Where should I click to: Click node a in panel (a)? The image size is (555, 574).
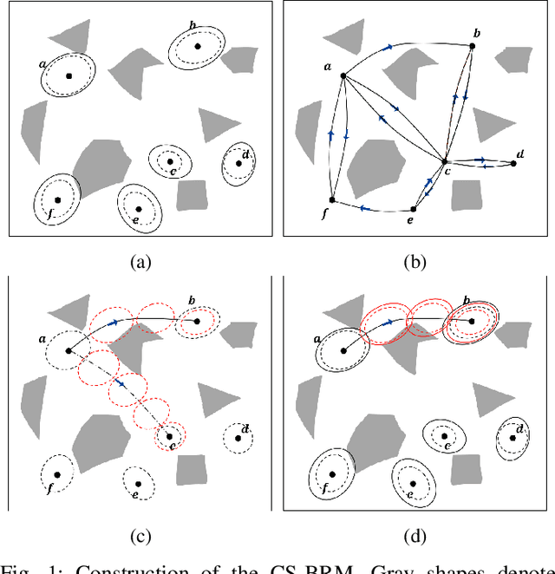[68, 75]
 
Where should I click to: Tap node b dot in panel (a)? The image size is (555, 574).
[198, 46]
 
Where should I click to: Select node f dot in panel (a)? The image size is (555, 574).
[57, 199]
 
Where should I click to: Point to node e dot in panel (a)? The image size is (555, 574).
[139, 208]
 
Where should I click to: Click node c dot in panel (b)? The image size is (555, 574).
[444, 161]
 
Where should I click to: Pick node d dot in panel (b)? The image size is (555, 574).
[513, 163]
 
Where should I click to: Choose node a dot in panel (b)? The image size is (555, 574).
[343, 76]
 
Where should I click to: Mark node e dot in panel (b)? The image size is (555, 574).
[413, 208]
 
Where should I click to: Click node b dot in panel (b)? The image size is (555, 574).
[472, 45]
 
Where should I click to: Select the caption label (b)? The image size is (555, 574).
[417, 260]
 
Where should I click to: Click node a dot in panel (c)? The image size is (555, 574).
[68, 351]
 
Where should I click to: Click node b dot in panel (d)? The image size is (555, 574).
[472, 321]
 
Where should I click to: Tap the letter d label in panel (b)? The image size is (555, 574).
[519, 154]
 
